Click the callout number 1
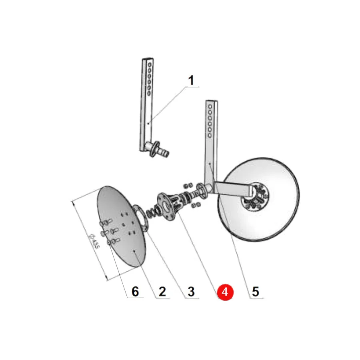[191, 80]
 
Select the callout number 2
[162, 292]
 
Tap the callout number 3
[191, 292]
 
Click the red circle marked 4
[225, 292]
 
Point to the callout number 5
[256, 292]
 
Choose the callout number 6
[135, 292]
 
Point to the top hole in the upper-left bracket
[150, 65]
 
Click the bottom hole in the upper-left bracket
[149, 94]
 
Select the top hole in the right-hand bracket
[210, 106]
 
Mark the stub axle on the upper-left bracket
[159, 149]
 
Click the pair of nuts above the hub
[188, 185]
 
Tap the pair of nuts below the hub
[196, 205]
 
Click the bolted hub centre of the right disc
[255, 197]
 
